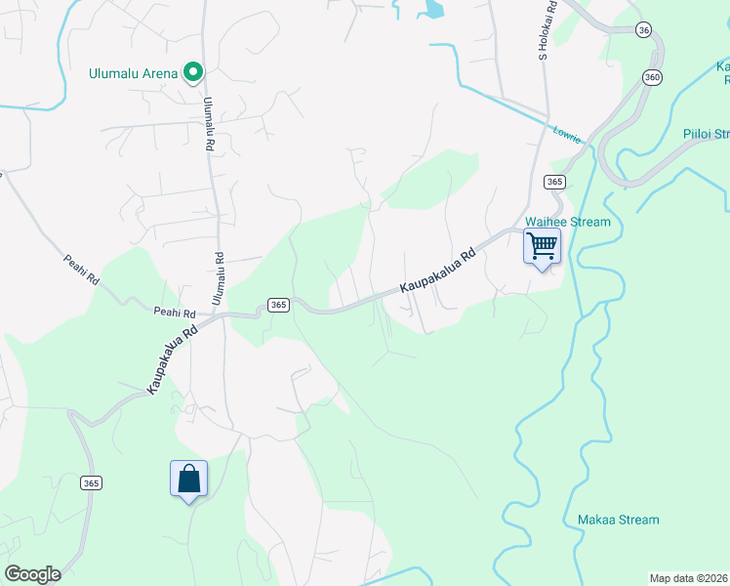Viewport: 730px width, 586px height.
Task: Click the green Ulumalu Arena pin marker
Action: pos(193,71)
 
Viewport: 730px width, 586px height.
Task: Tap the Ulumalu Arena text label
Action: pos(133,73)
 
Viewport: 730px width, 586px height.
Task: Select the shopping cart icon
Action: pos(542,244)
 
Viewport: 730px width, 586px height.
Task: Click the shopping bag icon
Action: pos(188,479)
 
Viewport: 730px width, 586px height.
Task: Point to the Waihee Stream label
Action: pos(567,222)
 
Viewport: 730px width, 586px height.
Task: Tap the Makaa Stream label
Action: pos(618,520)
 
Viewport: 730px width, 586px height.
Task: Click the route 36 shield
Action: pos(642,30)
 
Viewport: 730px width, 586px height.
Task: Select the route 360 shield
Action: pos(652,77)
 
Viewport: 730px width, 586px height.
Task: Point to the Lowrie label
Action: pos(566,135)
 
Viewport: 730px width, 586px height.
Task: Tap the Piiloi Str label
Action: pos(707,134)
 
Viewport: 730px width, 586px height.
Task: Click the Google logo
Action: pos(32,574)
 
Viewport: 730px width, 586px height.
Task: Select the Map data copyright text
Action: pos(689,578)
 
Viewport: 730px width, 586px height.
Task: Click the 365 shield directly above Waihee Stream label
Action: pos(554,182)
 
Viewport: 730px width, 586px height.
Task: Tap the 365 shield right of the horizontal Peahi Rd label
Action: pos(278,305)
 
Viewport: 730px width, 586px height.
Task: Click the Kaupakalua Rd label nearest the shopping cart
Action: pos(440,273)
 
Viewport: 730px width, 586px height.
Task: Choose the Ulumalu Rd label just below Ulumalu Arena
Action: pos(208,122)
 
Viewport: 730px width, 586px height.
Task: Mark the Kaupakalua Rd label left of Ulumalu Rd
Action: pos(173,359)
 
